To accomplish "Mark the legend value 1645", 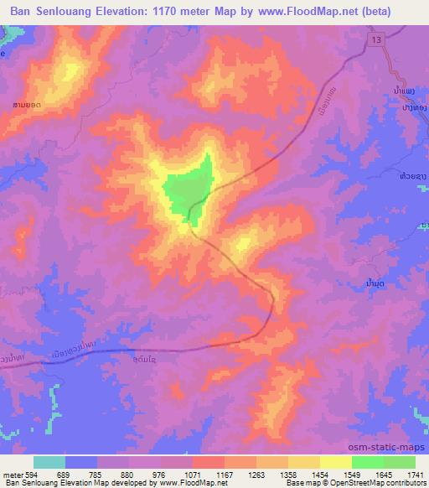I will pos(383,475).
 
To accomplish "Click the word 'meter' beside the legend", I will pos(12,475).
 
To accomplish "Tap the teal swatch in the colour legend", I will pos(49,462).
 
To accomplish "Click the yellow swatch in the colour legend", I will pos(336,462).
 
